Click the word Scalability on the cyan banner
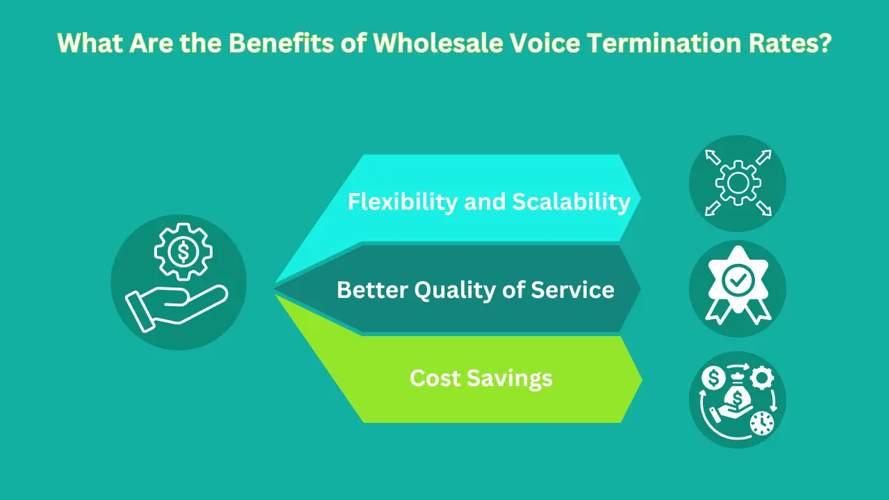(571, 201)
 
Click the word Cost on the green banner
(435, 378)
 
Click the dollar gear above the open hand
(182, 251)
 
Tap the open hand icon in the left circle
(174, 306)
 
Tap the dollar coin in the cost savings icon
(713, 378)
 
